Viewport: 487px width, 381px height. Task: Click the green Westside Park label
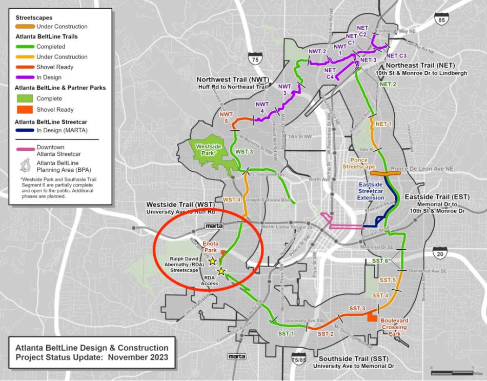pyautogui.click(x=209, y=149)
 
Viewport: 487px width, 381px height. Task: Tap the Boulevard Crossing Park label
pyautogui.click(x=394, y=326)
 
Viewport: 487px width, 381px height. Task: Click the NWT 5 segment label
pyautogui.click(x=226, y=117)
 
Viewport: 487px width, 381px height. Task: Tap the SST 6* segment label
pyautogui.click(x=381, y=261)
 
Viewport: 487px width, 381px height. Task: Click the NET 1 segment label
pyautogui.click(x=383, y=124)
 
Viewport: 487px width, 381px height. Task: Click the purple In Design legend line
pyautogui.click(x=23, y=77)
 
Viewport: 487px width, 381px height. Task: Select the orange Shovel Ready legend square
pyautogui.click(x=24, y=109)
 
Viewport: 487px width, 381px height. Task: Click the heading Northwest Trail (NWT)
pyautogui.click(x=233, y=80)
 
